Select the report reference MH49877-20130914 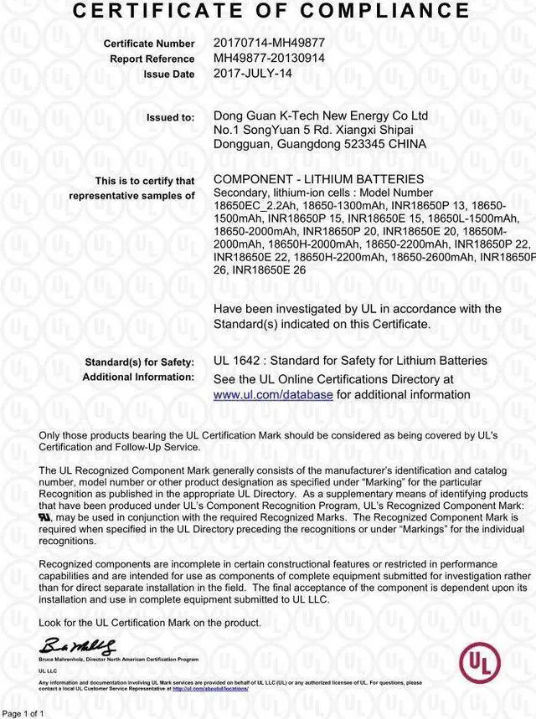(x=268, y=58)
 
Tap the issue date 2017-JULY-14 (x=254, y=74)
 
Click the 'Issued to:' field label (x=170, y=117)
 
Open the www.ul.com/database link (x=273, y=394)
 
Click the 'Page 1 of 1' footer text (x=23, y=713)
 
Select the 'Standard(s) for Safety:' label (x=139, y=362)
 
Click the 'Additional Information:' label (x=138, y=377)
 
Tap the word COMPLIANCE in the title (x=386, y=10)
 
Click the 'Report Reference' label (x=152, y=59)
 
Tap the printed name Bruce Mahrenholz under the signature (x=63, y=660)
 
